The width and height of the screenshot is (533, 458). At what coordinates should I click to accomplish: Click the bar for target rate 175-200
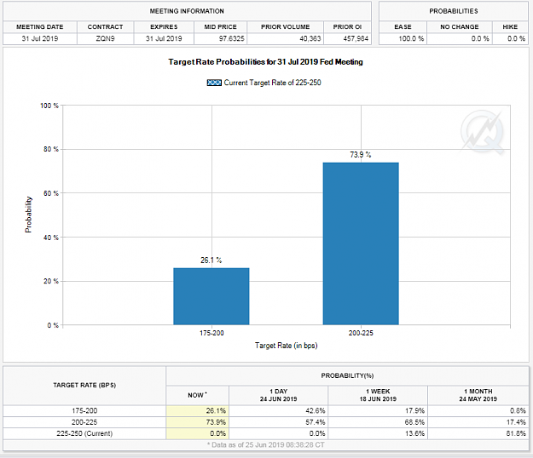click(211, 296)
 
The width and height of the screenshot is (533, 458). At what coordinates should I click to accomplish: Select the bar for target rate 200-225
click(361, 243)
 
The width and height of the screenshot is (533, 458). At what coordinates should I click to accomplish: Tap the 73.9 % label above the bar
click(361, 155)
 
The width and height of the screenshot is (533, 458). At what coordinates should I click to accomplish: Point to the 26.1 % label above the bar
click(211, 260)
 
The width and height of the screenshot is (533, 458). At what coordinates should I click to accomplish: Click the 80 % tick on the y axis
click(51, 149)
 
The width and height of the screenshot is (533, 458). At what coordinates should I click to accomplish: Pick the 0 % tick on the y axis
click(53, 325)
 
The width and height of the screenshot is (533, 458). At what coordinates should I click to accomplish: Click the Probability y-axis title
click(28, 215)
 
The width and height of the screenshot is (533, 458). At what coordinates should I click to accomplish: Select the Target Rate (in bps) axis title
click(287, 346)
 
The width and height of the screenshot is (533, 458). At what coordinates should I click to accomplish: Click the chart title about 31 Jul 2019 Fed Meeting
click(265, 62)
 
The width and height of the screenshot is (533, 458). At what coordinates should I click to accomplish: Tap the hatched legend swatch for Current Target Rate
click(214, 83)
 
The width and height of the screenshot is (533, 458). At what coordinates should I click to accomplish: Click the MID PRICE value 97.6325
click(231, 38)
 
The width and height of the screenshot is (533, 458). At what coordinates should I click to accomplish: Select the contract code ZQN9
click(106, 38)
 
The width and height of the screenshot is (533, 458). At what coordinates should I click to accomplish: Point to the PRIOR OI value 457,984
click(356, 38)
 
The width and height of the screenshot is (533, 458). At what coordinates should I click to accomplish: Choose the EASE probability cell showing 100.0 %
click(411, 38)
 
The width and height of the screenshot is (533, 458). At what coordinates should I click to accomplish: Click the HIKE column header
click(510, 26)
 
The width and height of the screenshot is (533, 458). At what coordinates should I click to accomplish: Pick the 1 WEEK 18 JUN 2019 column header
click(378, 395)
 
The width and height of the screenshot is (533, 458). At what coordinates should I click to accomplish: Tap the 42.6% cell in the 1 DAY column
click(315, 411)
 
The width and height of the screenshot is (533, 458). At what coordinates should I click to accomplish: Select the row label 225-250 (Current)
click(84, 433)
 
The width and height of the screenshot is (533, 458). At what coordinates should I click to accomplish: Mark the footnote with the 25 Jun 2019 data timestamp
click(266, 444)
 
